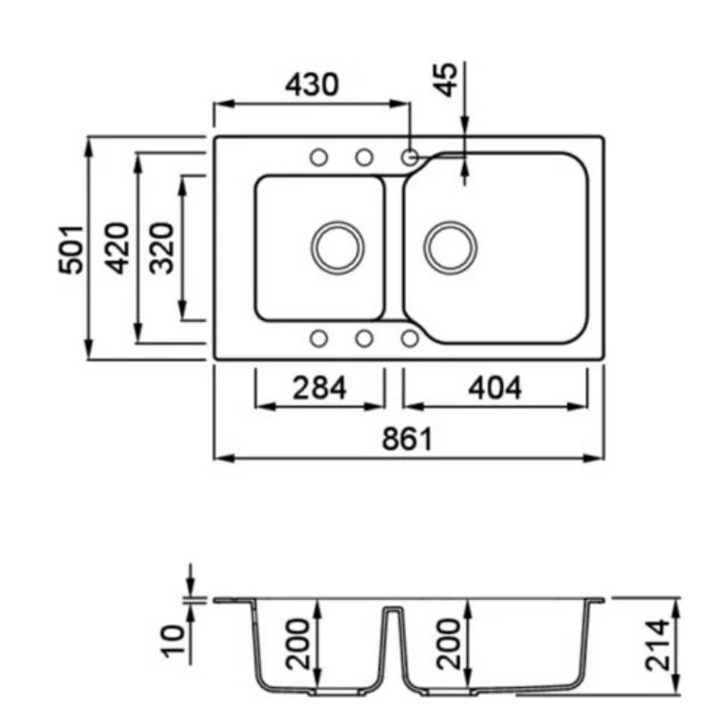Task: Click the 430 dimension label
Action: tap(312, 84)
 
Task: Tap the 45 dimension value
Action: tap(447, 80)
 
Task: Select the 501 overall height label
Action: tap(72, 249)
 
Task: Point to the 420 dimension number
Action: tap(117, 248)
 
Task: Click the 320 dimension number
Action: tap(162, 248)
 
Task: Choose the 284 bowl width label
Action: tap(320, 388)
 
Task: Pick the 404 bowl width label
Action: tap(495, 388)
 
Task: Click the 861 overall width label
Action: tap(407, 439)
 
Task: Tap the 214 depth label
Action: tap(657, 645)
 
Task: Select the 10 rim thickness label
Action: tap(172, 641)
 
